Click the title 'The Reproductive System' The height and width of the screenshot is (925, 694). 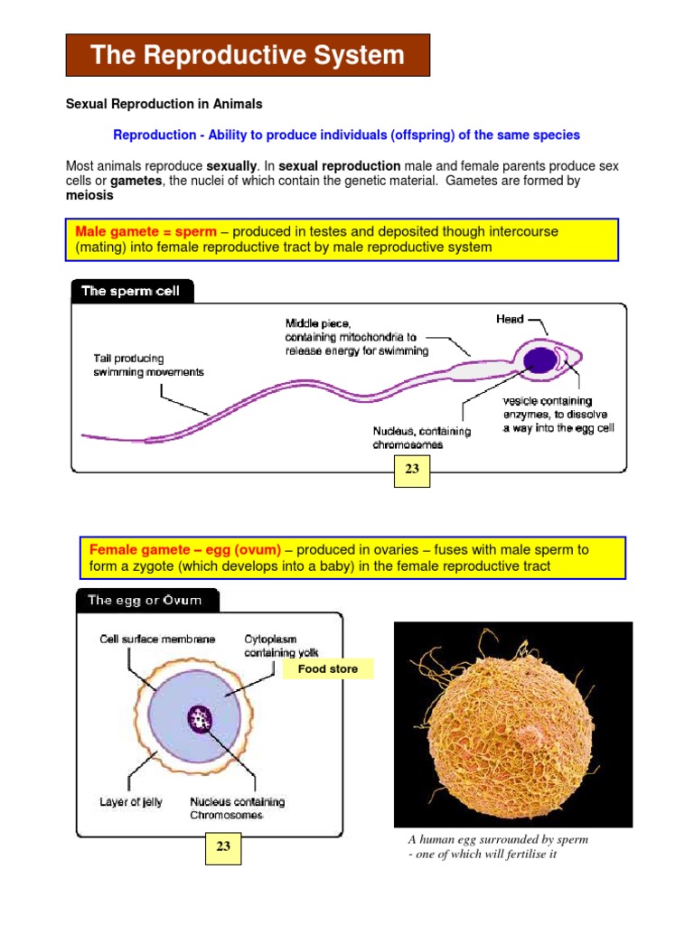coord(248,55)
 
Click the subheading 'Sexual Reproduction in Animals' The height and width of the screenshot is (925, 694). coord(164,104)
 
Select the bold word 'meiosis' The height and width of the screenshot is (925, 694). coord(89,194)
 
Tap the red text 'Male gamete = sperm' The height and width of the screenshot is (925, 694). coord(145,231)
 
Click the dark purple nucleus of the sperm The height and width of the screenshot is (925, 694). coord(540,360)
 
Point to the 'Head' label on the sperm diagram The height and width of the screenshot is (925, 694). coord(510,319)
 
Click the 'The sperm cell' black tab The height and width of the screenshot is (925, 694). coord(131,291)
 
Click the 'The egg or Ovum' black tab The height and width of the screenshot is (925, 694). coord(144,600)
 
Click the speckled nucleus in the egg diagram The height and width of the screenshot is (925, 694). coord(200,720)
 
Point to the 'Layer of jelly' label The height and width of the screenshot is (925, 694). coord(131,801)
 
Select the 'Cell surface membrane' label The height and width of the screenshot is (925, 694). coord(157,639)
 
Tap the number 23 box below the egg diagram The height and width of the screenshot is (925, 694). coord(223,846)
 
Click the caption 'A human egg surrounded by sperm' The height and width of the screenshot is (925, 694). coord(498,839)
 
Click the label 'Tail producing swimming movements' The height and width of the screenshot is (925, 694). coord(149,365)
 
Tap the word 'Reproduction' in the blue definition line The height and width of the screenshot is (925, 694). coord(155,135)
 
